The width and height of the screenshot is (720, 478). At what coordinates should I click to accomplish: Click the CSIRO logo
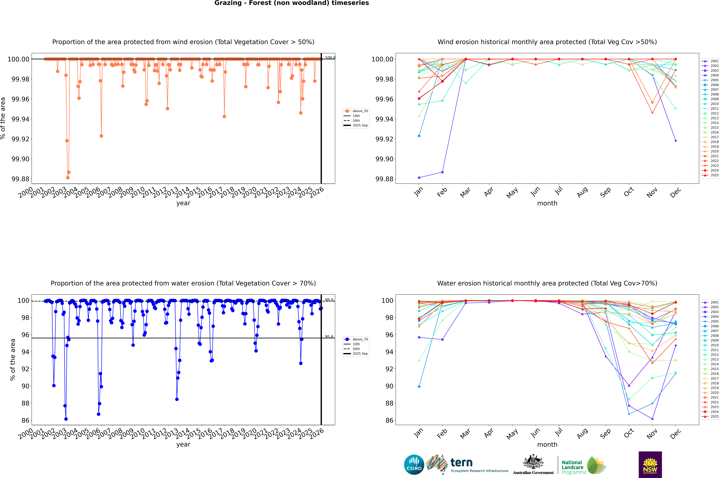coord(414,465)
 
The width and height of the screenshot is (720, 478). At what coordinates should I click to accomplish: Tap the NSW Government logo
coord(650,465)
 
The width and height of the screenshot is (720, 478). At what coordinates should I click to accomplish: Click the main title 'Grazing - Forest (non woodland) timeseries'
coord(291,3)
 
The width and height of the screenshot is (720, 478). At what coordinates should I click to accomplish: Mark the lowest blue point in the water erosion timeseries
coord(66,419)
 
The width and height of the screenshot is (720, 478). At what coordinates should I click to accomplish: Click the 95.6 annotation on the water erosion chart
coord(329,337)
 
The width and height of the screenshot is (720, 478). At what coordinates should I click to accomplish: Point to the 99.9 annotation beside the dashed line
coord(329,300)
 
